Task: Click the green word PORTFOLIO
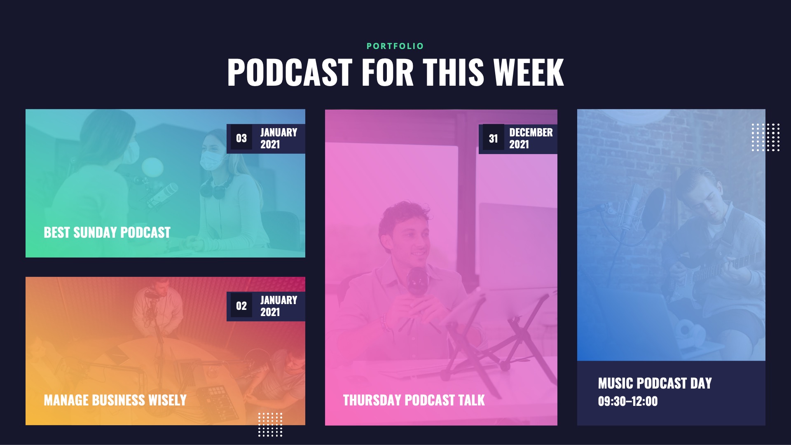395,46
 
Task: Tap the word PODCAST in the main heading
290,73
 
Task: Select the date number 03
241,138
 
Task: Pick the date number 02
241,306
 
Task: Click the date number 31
493,139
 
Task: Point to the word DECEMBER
531,132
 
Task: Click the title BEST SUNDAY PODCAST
107,232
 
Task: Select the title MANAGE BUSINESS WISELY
115,400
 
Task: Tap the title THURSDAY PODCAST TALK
414,400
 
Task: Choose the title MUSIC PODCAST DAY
655,383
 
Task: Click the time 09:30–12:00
627,401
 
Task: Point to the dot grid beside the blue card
765,137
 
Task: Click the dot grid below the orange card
270,424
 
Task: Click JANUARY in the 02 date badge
278,300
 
